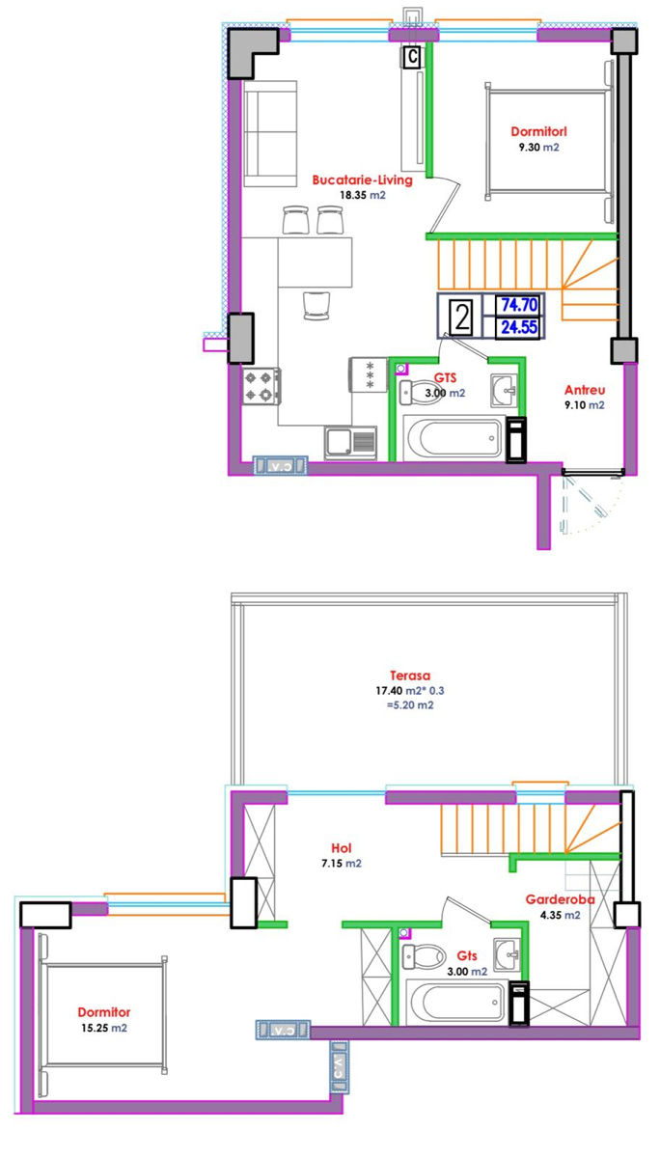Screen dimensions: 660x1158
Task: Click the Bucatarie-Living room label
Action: pyautogui.click(x=362, y=179)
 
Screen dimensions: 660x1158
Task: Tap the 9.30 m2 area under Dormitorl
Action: pyautogui.click(x=538, y=148)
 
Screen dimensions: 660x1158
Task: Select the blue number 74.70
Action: pyautogui.click(x=519, y=305)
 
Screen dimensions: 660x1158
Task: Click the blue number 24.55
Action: pyautogui.click(x=519, y=327)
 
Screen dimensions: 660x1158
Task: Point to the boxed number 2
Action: pyautogui.click(x=461, y=317)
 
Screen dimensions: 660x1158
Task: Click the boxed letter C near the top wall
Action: pyautogui.click(x=412, y=56)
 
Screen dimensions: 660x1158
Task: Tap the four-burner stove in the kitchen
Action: pyautogui.click(x=262, y=386)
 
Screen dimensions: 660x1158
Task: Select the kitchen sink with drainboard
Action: pyautogui.click(x=351, y=443)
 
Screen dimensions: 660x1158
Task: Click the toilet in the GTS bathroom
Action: pyautogui.click(x=418, y=393)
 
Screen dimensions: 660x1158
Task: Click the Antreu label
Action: pyautogui.click(x=585, y=390)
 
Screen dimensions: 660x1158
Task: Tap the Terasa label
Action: pyautogui.click(x=410, y=675)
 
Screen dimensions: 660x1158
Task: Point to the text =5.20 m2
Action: pyautogui.click(x=410, y=705)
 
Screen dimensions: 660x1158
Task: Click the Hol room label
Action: pyautogui.click(x=342, y=848)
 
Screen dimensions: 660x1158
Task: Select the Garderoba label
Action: pyautogui.click(x=560, y=899)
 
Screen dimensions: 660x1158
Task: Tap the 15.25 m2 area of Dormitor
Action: pyautogui.click(x=104, y=1029)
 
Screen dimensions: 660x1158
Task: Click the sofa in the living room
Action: pyautogui.click(x=270, y=133)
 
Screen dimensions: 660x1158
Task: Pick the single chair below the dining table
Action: pyautogui.click(x=316, y=306)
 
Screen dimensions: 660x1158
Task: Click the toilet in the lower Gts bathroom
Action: pyautogui.click(x=424, y=956)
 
